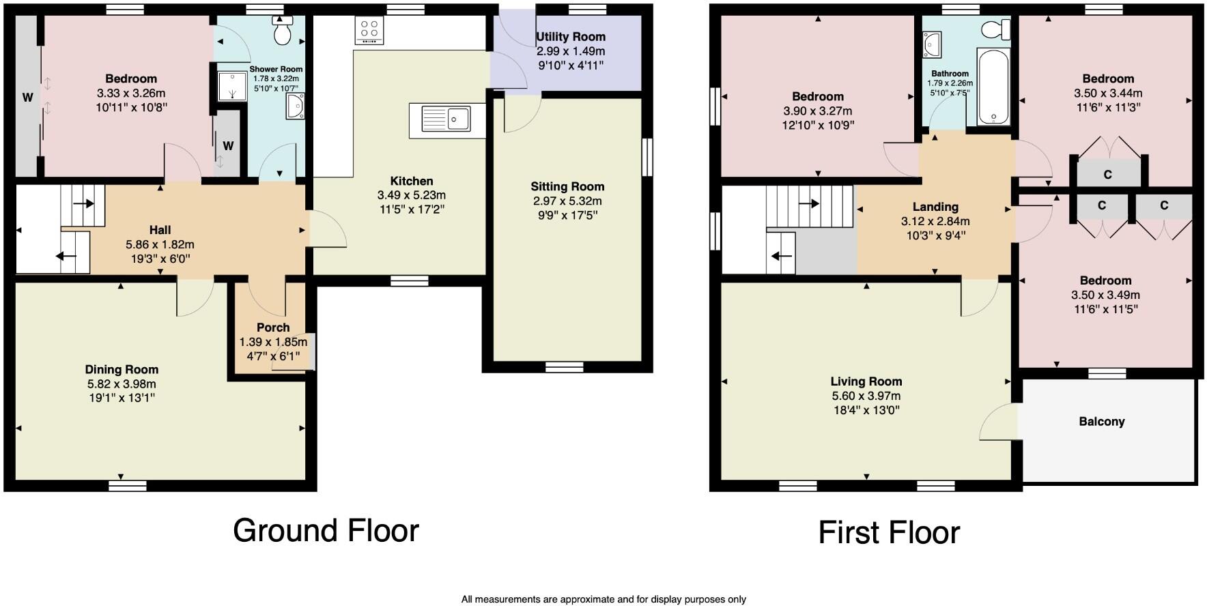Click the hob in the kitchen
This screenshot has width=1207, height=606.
[369, 31]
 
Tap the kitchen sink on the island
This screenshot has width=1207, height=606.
[447, 119]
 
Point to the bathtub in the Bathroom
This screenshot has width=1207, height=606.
[993, 87]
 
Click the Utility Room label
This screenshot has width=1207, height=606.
[571, 37]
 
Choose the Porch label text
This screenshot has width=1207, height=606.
[273, 328]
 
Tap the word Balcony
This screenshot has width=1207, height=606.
[1101, 422]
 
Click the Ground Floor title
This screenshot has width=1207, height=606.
[326, 530]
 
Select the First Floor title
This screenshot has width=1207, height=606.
[889, 532]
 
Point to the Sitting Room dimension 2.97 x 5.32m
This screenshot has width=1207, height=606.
[567, 201]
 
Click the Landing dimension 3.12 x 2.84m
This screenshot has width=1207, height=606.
[935, 221]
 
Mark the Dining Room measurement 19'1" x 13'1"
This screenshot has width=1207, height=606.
[122, 398]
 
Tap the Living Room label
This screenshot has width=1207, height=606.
[866, 381]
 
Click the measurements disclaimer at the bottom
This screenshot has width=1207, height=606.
[603, 599]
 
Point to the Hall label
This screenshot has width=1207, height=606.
[160, 230]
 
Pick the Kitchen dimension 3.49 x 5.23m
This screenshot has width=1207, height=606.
[411, 195]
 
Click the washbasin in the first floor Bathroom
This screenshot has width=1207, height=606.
[933, 44]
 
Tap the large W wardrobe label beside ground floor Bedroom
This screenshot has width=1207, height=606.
[28, 98]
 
